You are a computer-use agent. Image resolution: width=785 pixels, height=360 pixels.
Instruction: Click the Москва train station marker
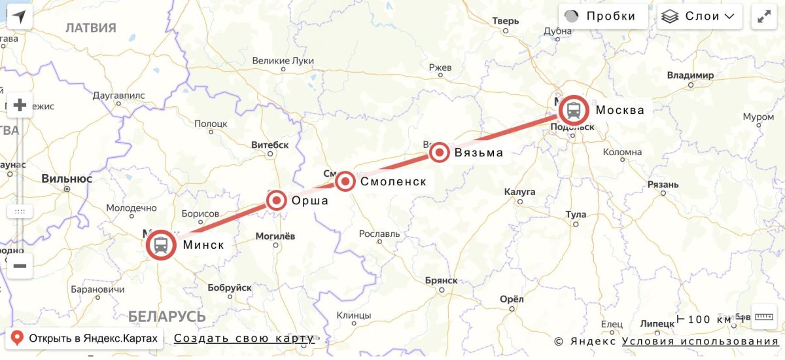574,110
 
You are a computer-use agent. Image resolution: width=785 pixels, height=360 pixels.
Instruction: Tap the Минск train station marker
161,245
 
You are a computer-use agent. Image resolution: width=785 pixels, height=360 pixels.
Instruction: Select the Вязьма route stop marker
440,153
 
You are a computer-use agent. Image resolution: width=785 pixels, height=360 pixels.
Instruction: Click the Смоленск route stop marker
345,181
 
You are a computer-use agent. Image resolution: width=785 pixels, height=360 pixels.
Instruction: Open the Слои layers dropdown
699,16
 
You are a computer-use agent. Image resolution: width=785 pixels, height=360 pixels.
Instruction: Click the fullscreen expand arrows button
763,16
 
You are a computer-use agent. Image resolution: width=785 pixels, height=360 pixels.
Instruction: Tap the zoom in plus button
20,105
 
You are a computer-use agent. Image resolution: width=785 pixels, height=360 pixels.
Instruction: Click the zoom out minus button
20,266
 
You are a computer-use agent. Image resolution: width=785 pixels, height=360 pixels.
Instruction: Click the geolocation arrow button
19,17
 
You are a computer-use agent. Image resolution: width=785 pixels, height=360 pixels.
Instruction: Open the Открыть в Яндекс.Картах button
84,338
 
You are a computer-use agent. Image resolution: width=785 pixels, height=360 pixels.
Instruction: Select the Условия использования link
700,341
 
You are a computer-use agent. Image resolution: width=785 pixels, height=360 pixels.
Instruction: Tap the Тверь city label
505,21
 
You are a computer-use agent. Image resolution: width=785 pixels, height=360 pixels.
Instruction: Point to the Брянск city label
441,280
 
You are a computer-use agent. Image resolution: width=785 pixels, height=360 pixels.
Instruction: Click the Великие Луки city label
283,61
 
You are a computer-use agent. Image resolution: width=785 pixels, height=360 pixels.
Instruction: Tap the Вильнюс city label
67,178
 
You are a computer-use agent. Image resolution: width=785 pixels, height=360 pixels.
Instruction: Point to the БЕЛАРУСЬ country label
167,317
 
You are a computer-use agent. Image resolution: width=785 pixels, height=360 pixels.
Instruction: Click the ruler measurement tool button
763,317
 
